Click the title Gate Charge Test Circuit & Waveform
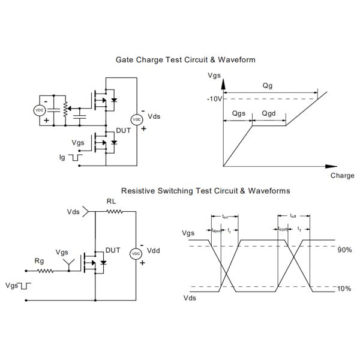[185, 60]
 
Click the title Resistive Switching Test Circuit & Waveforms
[206, 191]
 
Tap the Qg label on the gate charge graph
[268, 86]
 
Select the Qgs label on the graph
[238, 113]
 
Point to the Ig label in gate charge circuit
[62, 157]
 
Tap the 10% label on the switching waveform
[344, 289]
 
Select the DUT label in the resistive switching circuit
[113, 250]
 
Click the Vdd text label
[154, 251]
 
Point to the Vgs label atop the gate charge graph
[214, 76]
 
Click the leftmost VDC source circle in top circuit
[40, 110]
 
